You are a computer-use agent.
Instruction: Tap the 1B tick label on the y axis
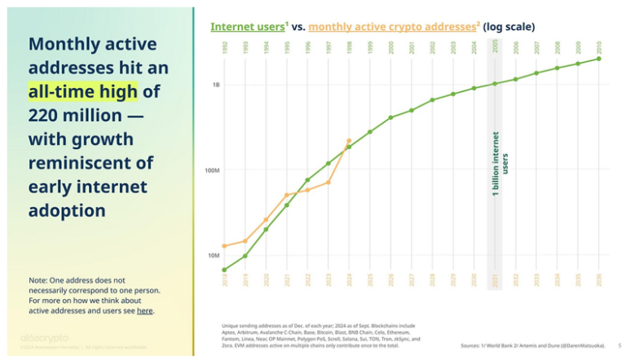(x=216, y=85)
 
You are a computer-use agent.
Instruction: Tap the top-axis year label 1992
(x=224, y=48)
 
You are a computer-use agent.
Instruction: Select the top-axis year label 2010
(x=599, y=48)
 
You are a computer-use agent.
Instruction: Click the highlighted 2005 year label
(x=495, y=48)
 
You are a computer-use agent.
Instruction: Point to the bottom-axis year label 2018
(x=224, y=280)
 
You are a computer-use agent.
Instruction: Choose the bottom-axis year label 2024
(x=349, y=280)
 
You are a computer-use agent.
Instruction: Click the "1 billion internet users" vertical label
(x=500, y=163)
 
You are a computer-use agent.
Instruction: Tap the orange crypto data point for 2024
(x=349, y=141)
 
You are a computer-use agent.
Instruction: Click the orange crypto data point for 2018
(x=224, y=246)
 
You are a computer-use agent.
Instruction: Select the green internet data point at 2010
(x=599, y=59)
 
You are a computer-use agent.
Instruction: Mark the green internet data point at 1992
(x=224, y=270)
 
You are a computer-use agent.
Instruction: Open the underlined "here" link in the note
(x=144, y=310)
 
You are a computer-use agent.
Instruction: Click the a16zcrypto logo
(x=45, y=337)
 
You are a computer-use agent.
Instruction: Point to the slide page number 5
(x=619, y=346)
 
